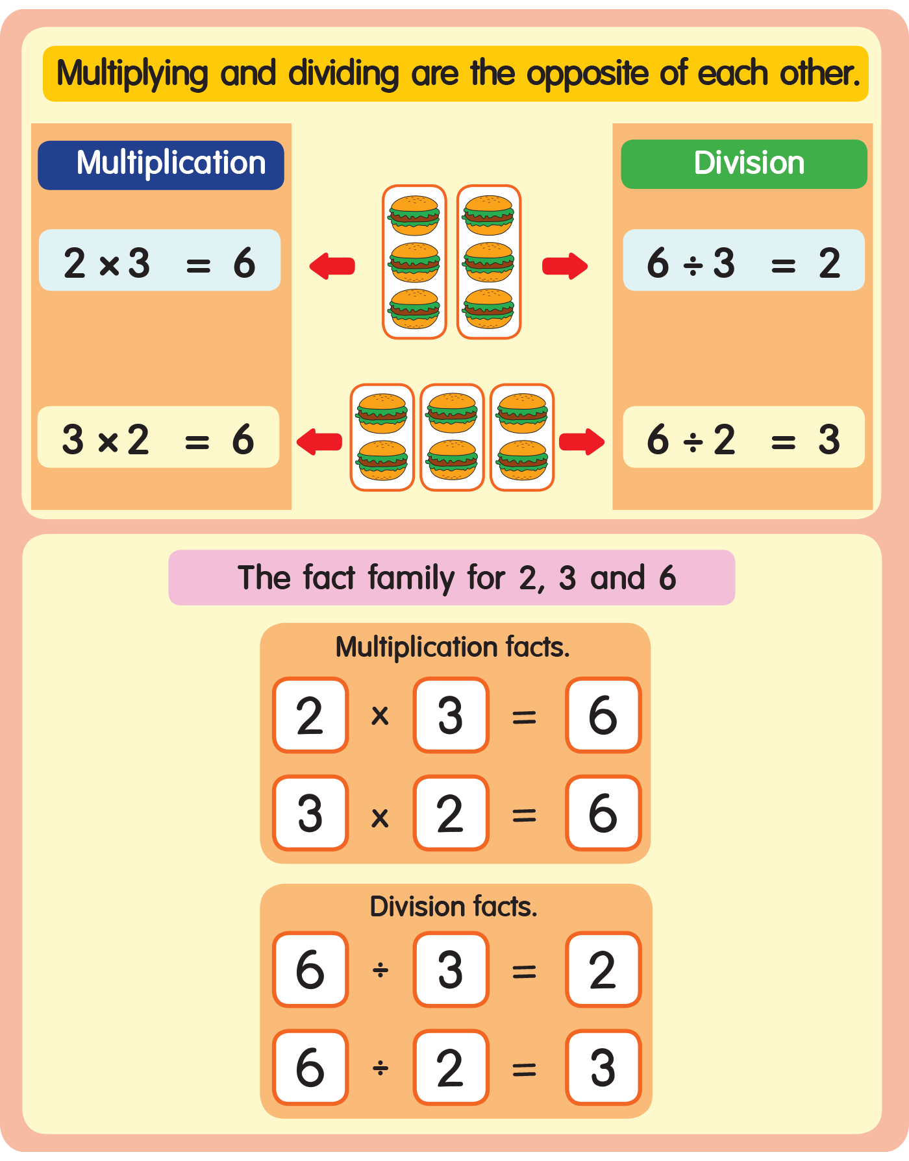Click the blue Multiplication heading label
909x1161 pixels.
tap(161, 165)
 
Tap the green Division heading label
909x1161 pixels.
tap(744, 164)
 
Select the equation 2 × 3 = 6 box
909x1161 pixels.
tap(160, 260)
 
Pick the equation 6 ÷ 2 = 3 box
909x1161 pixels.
tap(744, 437)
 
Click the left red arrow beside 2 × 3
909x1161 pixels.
tap(332, 265)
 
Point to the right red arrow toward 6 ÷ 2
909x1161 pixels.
tap(582, 441)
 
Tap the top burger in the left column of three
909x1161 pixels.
tap(414, 215)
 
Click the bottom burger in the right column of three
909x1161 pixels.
tap(489, 309)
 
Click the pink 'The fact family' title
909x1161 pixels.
tap(452, 578)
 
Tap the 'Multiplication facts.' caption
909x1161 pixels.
tap(453, 647)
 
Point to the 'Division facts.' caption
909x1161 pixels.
tap(454, 907)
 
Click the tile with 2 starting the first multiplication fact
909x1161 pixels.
tap(310, 715)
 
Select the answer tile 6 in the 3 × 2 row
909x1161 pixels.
tap(603, 813)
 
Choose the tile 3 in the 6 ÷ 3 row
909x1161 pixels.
tap(451, 970)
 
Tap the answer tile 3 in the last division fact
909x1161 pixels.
tap(603, 1067)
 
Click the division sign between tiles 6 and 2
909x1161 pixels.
tap(380, 1068)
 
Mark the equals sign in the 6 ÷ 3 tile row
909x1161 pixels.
tap(524, 971)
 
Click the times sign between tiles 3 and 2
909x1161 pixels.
tap(380, 817)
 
